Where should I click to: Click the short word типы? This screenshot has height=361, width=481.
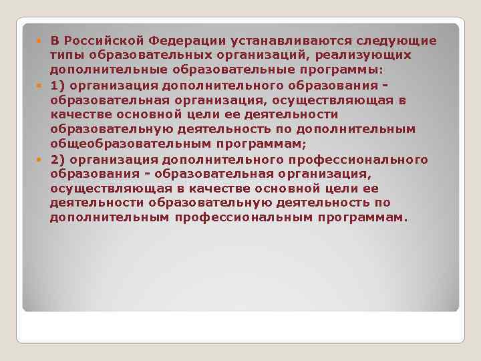tap(64, 55)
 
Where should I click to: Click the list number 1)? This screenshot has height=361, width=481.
tap(57, 85)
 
